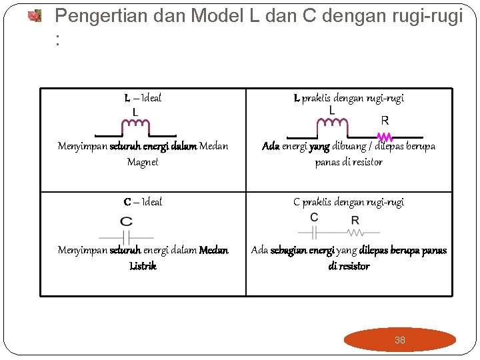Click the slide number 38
pos(399,340)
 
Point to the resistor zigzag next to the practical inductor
pos(385,137)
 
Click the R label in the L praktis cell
pos(385,121)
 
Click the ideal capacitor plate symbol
pos(126,237)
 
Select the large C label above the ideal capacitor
pos(126,221)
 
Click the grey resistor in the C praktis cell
pos(354,233)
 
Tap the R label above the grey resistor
pos(355,220)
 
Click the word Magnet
pos(143,162)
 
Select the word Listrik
pos(143,266)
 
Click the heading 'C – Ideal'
pos(143,202)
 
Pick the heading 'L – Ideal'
pos(143,99)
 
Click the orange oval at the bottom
pos(399,340)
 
